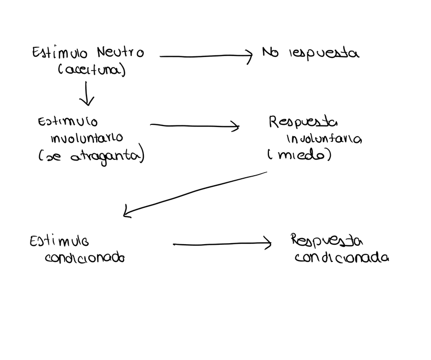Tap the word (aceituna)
point(92,70)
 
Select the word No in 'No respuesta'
point(270,52)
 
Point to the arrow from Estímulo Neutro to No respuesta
point(205,56)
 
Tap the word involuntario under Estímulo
point(86,138)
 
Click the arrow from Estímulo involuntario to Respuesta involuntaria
point(194,125)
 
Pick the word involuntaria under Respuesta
point(324,139)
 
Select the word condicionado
point(85,257)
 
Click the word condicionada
point(342,257)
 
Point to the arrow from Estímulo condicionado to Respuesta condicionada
point(222,244)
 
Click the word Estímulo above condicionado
point(59,241)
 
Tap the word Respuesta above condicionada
point(327,240)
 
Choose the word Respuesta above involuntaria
point(303,122)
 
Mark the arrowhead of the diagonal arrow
point(127,213)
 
